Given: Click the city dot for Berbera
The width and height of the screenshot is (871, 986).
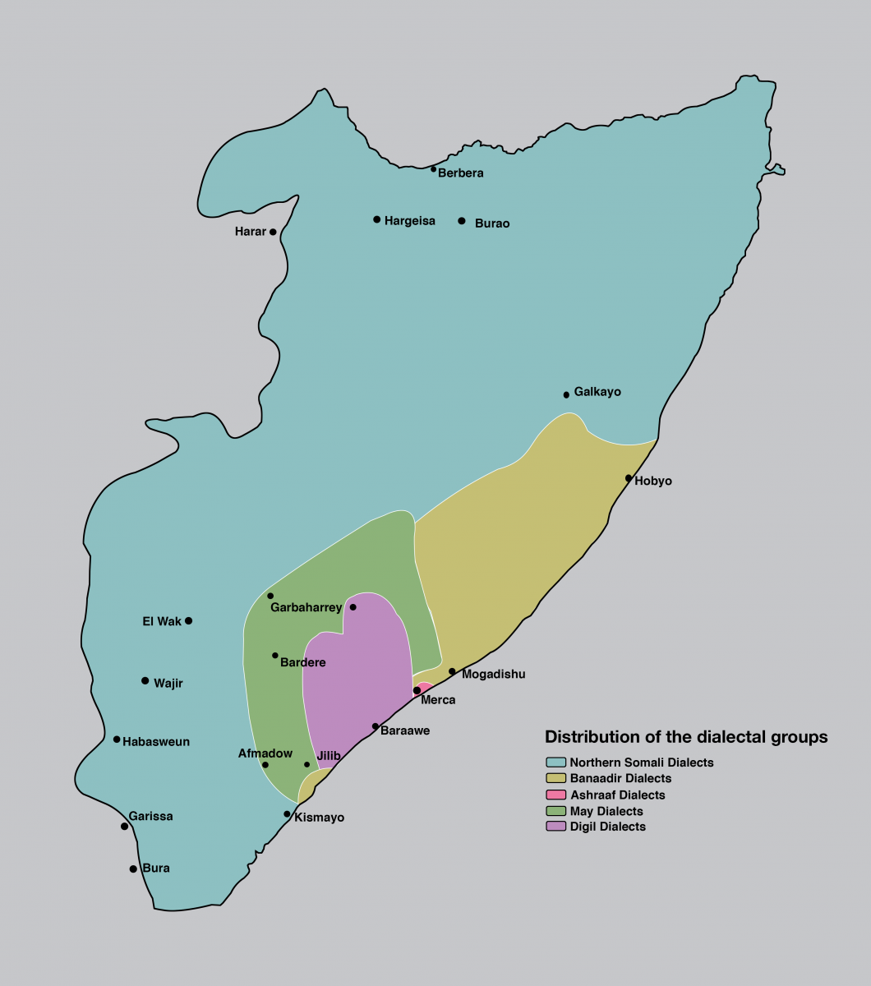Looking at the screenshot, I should click(x=434, y=169).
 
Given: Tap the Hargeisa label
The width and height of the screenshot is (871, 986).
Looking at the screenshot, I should click(x=409, y=220).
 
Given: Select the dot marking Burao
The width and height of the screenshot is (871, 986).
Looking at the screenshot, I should click(x=462, y=221).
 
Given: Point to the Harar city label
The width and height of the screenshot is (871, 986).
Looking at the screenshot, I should click(x=250, y=232).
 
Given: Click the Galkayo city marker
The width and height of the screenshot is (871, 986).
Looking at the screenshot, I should click(x=566, y=394).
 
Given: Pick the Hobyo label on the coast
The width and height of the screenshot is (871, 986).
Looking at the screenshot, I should click(x=653, y=481).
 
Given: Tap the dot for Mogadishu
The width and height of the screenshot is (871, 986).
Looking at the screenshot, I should click(x=452, y=671).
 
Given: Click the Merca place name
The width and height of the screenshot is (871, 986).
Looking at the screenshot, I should click(x=437, y=701).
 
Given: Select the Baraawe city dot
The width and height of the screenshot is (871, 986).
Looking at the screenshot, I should click(x=376, y=726).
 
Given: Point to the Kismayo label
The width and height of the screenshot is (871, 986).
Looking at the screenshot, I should click(x=319, y=818).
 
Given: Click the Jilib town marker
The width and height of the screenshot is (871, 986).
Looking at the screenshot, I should click(x=307, y=764).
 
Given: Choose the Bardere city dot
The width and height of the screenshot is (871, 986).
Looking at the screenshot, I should click(x=275, y=656).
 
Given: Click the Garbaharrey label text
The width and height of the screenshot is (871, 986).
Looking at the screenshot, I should click(x=306, y=608).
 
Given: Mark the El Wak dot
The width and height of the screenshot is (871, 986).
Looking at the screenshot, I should click(x=189, y=620).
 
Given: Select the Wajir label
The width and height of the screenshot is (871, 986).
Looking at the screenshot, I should click(x=168, y=682).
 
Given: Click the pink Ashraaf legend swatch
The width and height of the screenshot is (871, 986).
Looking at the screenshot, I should click(x=555, y=795).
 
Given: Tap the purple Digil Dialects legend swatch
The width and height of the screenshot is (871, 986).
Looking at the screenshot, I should click(x=555, y=827).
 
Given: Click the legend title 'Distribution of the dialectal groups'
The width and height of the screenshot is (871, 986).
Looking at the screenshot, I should click(x=686, y=737).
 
